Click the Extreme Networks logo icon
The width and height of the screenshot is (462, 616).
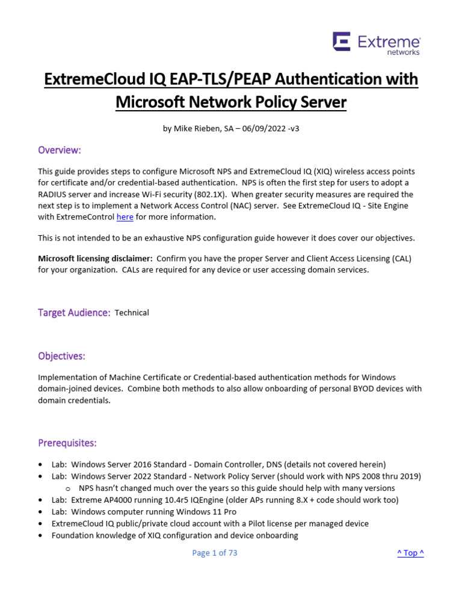(342, 42)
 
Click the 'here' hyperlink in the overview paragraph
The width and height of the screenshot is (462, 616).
(125, 217)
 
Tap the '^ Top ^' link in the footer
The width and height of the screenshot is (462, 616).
(410, 553)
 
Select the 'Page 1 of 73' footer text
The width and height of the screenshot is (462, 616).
(215, 553)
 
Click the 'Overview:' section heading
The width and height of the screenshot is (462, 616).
(59, 150)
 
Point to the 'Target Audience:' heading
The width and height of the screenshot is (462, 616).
(74, 313)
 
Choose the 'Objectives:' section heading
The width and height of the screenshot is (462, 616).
(61, 356)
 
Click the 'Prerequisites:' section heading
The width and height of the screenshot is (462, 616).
(67, 443)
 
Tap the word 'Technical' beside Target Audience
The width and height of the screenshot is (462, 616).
(132, 313)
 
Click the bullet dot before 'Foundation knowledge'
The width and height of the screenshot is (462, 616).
(40, 535)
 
